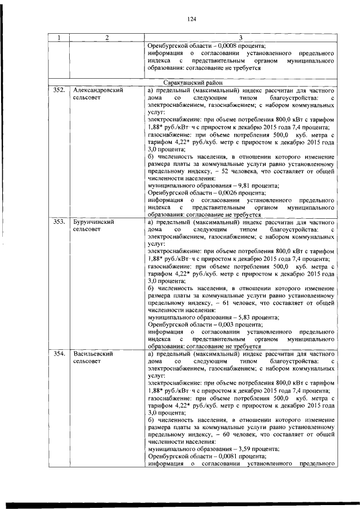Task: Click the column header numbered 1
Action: pos(59,38)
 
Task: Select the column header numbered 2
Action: pos(107,38)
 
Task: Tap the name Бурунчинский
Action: pos(94,222)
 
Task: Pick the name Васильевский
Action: pos(94,355)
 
